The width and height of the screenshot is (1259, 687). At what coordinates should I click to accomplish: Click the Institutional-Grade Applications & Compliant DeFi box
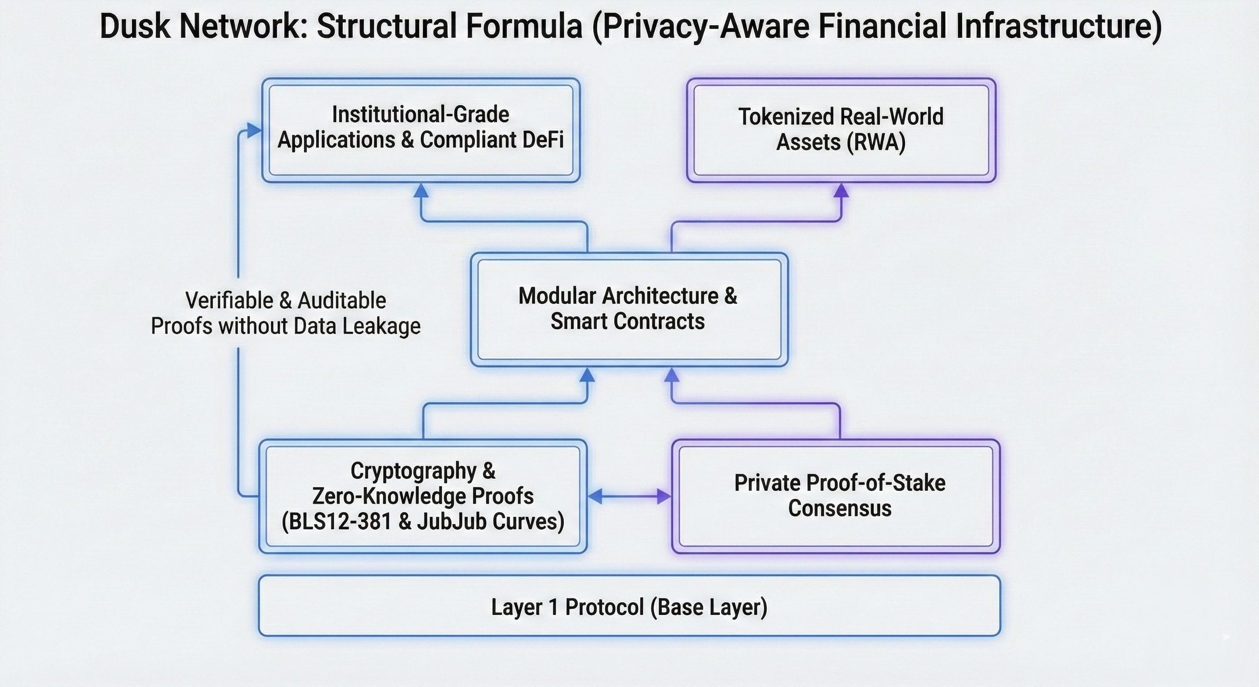click(421, 130)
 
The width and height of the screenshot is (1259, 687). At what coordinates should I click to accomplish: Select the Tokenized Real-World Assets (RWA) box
click(841, 130)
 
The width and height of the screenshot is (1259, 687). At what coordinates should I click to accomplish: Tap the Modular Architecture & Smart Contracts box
click(629, 309)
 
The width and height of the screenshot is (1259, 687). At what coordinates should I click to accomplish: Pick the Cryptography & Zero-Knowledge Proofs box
click(423, 496)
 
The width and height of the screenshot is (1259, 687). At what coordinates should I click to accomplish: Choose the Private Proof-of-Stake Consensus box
click(836, 496)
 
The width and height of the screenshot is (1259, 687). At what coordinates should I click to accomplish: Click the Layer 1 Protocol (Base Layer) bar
click(629, 606)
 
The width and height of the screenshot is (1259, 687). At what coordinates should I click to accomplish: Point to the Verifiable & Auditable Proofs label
click(285, 313)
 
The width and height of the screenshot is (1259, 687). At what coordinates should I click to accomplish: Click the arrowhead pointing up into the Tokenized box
click(841, 191)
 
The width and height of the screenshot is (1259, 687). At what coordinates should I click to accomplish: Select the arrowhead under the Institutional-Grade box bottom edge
click(421, 191)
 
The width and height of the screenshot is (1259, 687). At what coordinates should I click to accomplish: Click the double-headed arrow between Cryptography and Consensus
click(629, 496)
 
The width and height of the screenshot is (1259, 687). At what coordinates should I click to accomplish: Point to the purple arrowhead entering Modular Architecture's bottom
click(672, 376)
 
